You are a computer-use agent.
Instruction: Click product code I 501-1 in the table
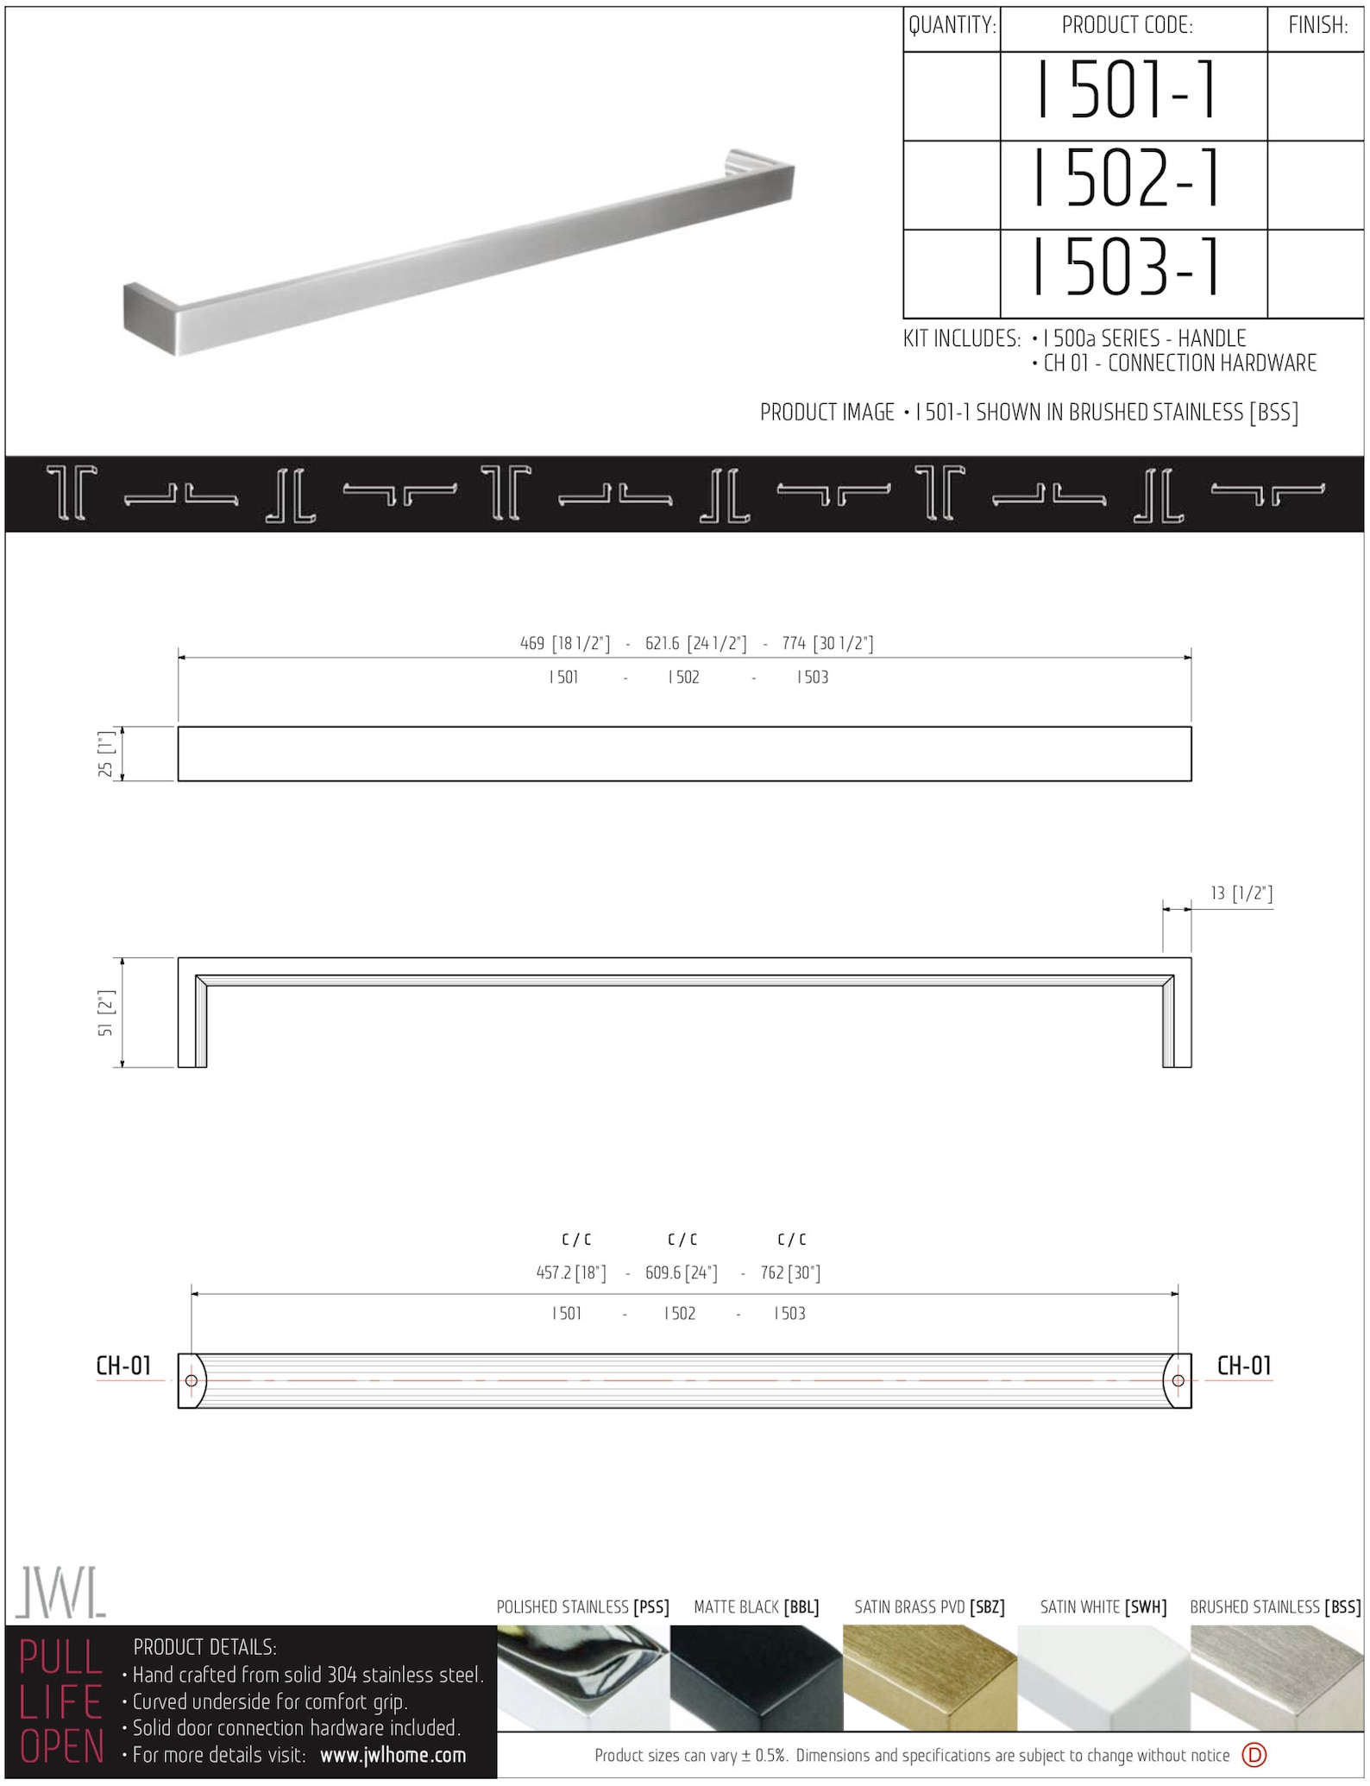coord(1127,91)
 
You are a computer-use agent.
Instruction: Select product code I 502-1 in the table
coord(1127,179)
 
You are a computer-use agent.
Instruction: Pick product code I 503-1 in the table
coord(1127,267)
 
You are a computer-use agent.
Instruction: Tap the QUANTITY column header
coord(952,26)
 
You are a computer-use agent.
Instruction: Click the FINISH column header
coord(1317,26)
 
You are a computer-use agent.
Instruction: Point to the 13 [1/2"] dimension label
coord(1241,893)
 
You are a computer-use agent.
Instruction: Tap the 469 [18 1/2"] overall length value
coord(565,644)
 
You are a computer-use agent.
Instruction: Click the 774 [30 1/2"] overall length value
coord(827,644)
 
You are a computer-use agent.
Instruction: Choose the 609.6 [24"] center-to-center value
coord(681,1273)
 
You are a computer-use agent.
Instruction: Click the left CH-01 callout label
coord(123,1366)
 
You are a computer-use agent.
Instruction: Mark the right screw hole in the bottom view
coord(1178,1380)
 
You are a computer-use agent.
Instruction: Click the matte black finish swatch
coord(756,1677)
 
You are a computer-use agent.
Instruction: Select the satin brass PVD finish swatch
coord(929,1677)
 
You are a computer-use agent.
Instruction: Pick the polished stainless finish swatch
coord(583,1677)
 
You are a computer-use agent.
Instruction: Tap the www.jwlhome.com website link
coord(393,1755)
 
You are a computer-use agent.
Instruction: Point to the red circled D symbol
coord(1254,1755)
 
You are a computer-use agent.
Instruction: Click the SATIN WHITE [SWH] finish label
coord(1103,1607)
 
